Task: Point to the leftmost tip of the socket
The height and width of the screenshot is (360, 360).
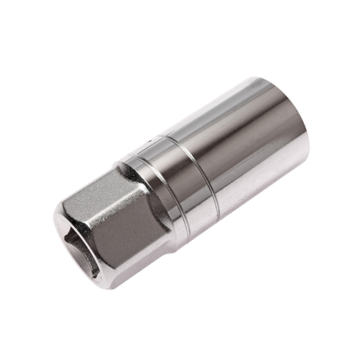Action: tap(54, 220)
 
